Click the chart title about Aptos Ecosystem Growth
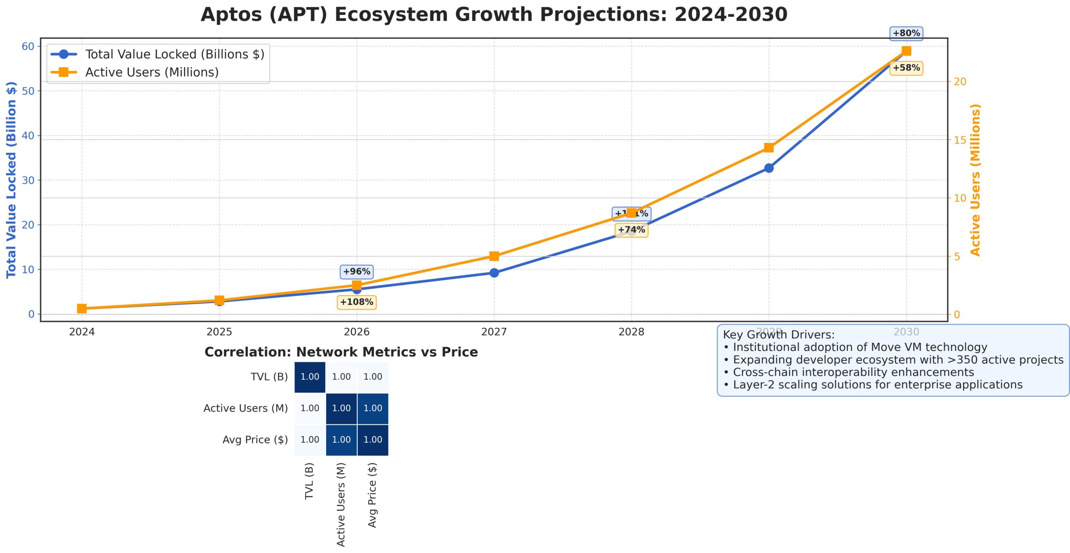pyautogui.click(x=494, y=15)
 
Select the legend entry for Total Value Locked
pyautogui.click(x=174, y=54)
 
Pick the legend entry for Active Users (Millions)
pyautogui.click(x=152, y=72)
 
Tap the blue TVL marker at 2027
pyautogui.click(x=494, y=273)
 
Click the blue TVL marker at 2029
pyautogui.click(x=769, y=168)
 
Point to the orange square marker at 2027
pyautogui.click(x=494, y=256)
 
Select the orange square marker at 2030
pyautogui.click(x=906, y=51)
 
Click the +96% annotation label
pyautogui.click(x=357, y=271)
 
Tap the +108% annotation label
pyautogui.click(x=357, y=302)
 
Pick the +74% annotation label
pyautogui.click(x=632, y=230)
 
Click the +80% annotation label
pyautogui.click(x=906, y=33)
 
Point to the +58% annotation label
pyautogui.click(x=906, y=68)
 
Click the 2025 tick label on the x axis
pyautogui.click(x=219, y=332)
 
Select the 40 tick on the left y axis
pyautogui.click(x=28, y=135)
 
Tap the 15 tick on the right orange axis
pyautogui.click(x=960, y=140)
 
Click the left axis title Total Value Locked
pyautogui.click(x=11, y=180)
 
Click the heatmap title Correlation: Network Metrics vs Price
pyautogui.click(x=341, y=352)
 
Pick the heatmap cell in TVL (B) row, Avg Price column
pyautogui.click(x=372, y=377)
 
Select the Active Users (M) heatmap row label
pyautogui.click(x=245, y=408)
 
